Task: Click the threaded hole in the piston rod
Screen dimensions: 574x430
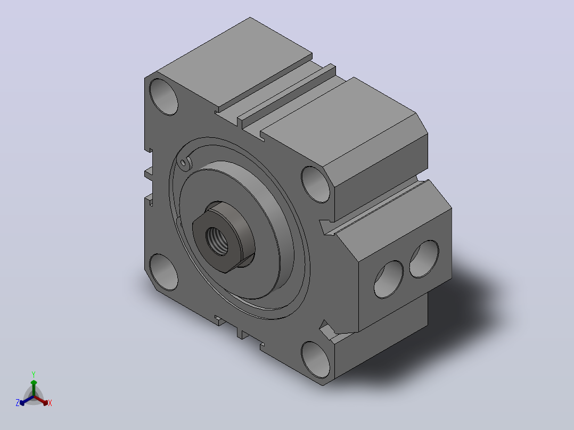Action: (x=217, y=241)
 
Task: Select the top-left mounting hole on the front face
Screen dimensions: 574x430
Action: (x=163, y=97)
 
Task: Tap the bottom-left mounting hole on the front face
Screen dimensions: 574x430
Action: (x=163, y=272)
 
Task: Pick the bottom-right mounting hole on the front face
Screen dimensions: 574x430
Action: (x=316, y=360)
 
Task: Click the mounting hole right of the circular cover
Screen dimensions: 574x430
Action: (x=316, y=184)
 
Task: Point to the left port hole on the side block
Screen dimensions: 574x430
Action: (x=388, y=279)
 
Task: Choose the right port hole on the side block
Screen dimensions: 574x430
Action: (x=424, y=259)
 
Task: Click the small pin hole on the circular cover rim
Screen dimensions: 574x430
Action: (x=183, y=162)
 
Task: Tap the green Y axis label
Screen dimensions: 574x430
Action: (x=34, y=374)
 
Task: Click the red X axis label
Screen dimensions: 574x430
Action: (x=50, y=403)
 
